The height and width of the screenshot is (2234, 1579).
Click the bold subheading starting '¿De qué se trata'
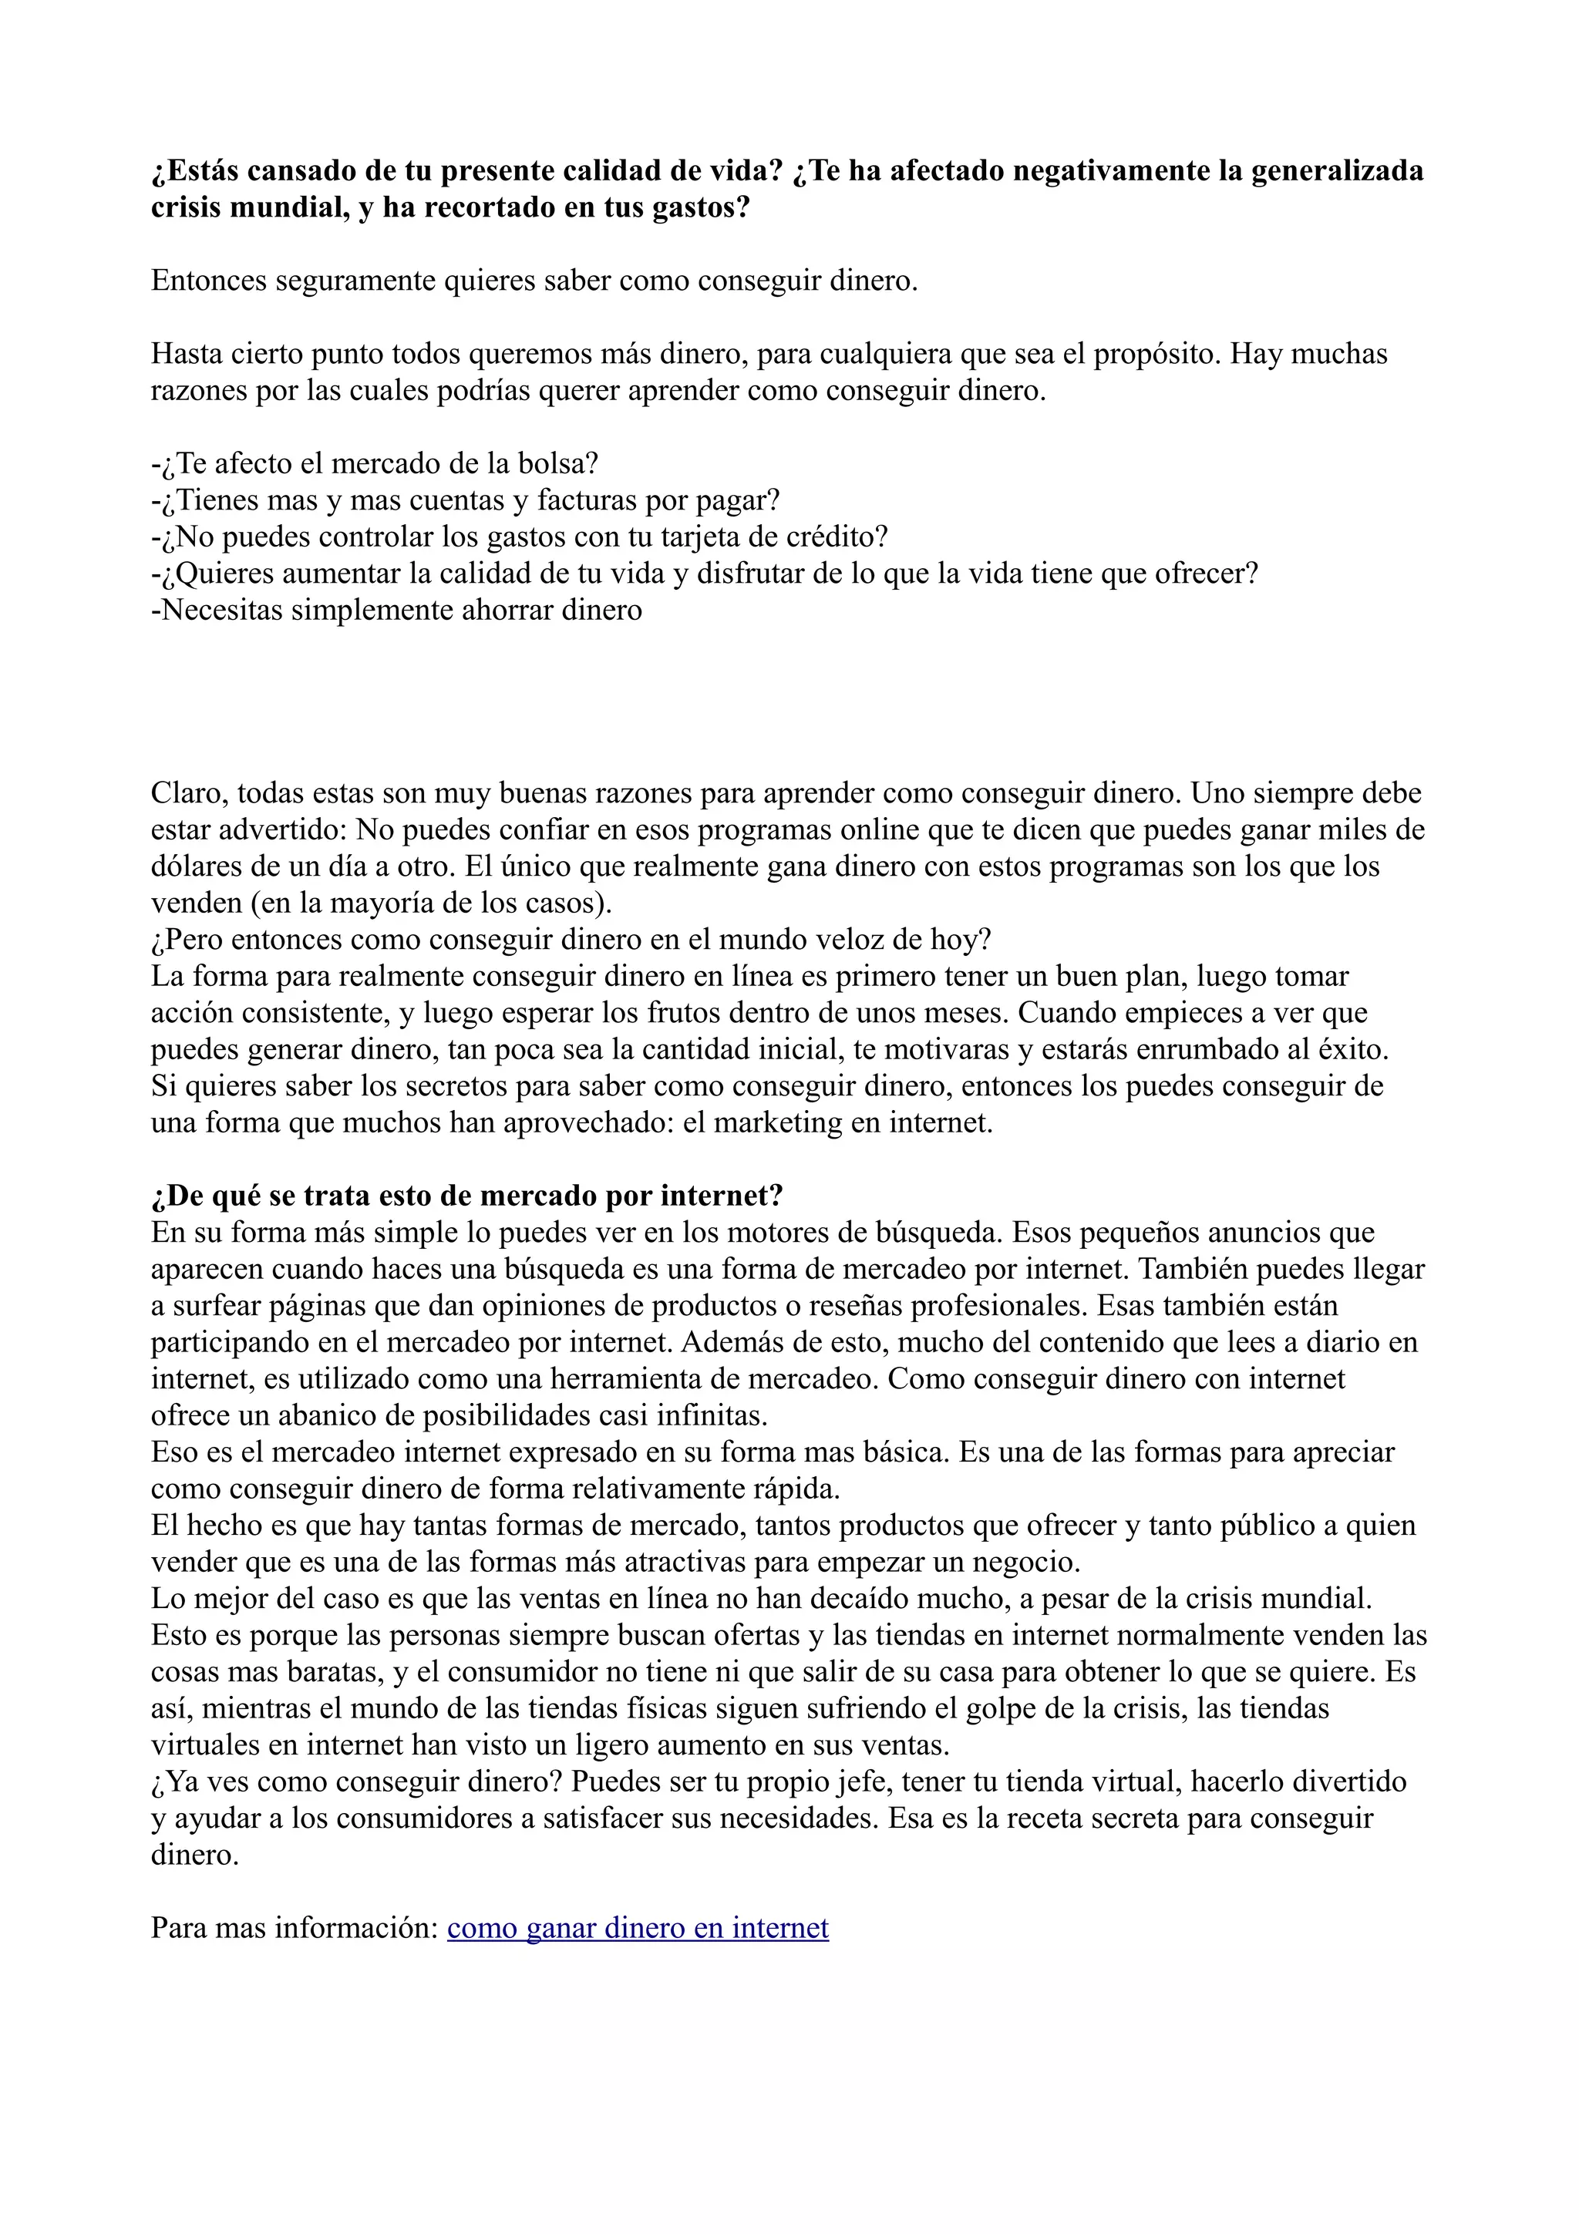[467, 1196]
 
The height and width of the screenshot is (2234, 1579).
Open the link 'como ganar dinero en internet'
[638, 1929]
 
